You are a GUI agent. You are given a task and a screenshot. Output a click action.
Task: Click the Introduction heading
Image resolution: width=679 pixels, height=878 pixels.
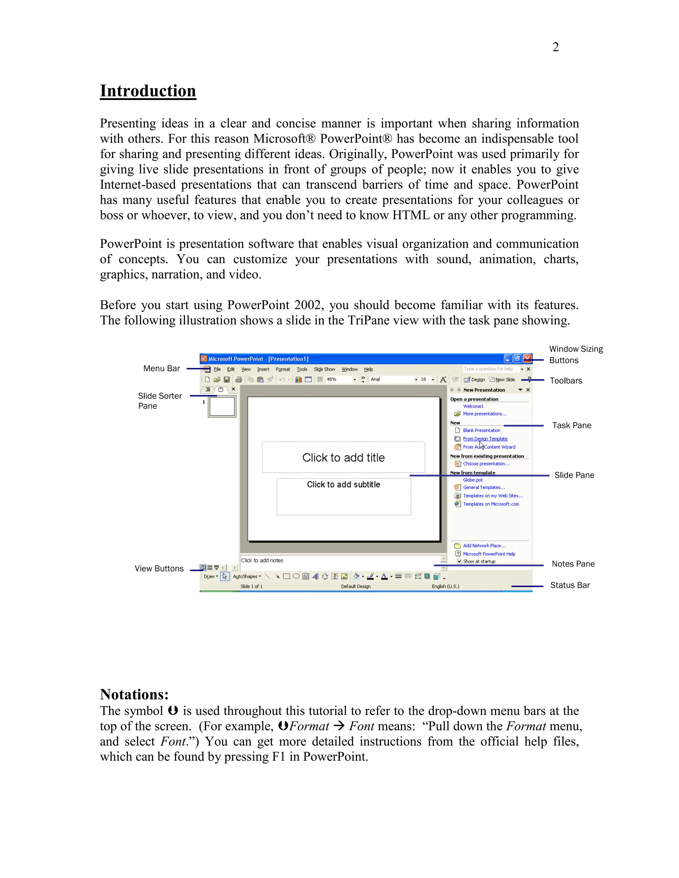click(148, 91)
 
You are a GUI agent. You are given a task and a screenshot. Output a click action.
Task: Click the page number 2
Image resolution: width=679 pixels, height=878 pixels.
click(556, 47)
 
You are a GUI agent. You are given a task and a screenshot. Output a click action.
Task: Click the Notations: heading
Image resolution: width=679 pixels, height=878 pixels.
click(134, 694)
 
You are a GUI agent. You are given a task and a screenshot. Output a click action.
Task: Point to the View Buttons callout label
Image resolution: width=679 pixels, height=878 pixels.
click(159, 569)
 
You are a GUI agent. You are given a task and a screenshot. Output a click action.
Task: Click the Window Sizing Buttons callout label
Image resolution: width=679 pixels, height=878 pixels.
click(576, 355)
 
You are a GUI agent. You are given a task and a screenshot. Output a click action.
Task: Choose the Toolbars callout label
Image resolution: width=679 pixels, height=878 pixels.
click(566, 381)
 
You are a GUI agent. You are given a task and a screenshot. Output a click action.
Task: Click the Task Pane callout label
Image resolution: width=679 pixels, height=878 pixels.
click(572, 425)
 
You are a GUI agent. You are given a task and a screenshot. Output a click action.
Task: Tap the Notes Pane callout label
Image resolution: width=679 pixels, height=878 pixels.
click(573, 564)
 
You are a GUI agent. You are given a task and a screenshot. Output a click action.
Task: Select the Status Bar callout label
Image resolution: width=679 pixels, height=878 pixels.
click(570, 585)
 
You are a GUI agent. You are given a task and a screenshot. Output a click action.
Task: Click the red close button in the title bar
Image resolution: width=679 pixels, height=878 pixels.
click(527, 358)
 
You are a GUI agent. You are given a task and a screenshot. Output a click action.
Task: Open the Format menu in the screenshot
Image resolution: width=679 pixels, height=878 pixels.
click(283, 369)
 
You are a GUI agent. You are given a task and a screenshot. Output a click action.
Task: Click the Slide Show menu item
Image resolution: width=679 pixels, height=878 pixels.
click(324, 369)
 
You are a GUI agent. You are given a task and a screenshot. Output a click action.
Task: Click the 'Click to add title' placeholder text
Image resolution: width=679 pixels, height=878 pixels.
click(343, 458)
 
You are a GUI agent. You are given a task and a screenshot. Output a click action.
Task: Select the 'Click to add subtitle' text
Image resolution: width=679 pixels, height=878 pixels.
click(343, 484)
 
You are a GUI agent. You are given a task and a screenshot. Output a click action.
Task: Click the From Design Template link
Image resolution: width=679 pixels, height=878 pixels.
click(485, 439)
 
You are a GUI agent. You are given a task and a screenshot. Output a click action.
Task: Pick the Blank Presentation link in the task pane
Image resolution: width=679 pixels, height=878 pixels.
click(481, 430)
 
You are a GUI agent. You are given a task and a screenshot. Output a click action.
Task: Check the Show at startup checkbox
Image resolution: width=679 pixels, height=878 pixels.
click(459, 561)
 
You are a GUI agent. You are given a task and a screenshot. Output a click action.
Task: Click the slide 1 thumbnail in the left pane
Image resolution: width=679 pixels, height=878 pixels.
click(222, 407)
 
